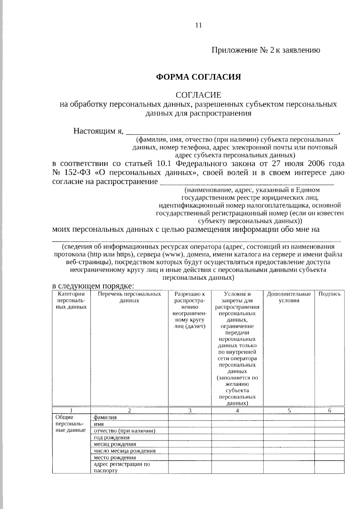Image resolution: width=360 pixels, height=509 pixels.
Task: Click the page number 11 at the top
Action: (x=199, y=25)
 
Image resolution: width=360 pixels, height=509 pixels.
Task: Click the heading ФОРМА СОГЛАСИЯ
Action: (x=199, y=77)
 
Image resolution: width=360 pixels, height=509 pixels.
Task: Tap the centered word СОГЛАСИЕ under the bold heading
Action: (x=198, y=95)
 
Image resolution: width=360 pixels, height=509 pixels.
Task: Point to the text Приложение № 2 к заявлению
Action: (x=266, y=50)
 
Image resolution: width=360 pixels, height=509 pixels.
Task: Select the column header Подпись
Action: (x=329, y=294)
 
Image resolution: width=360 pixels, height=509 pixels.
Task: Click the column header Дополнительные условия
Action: (x=289, y=297)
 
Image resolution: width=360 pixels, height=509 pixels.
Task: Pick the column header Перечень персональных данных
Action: (x=129, y=297)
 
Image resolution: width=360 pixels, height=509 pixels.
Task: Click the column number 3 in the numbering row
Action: (x=190, y=411)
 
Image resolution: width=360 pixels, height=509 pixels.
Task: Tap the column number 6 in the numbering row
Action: (x=329, y=411)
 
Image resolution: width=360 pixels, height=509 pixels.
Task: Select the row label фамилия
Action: (x=105, y=417)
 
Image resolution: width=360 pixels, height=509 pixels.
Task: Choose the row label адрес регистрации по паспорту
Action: (x=121, y=467)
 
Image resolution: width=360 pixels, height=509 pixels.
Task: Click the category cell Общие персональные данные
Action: (x=71, y=424)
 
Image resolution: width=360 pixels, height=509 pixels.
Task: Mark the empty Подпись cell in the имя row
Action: (x=329, y=424)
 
